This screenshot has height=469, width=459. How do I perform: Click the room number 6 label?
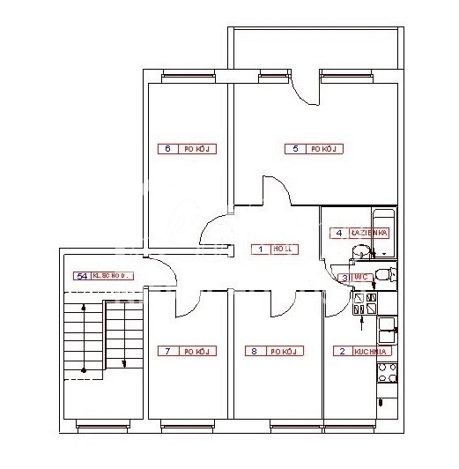point(167,149)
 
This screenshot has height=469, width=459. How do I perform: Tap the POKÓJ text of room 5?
point(324,149)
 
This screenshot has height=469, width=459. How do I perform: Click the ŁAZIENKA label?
point(368,233)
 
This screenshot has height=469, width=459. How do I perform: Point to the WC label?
point(359,277)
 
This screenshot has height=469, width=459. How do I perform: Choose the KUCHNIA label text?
point(371,351)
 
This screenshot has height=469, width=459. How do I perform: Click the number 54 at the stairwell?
point(81,276)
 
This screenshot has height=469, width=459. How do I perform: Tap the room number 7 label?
point(167,351)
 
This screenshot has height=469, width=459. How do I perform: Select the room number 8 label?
point(254,351)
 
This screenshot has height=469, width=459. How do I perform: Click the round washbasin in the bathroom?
point(359,254)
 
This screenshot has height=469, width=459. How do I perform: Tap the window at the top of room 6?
point(181,77)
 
